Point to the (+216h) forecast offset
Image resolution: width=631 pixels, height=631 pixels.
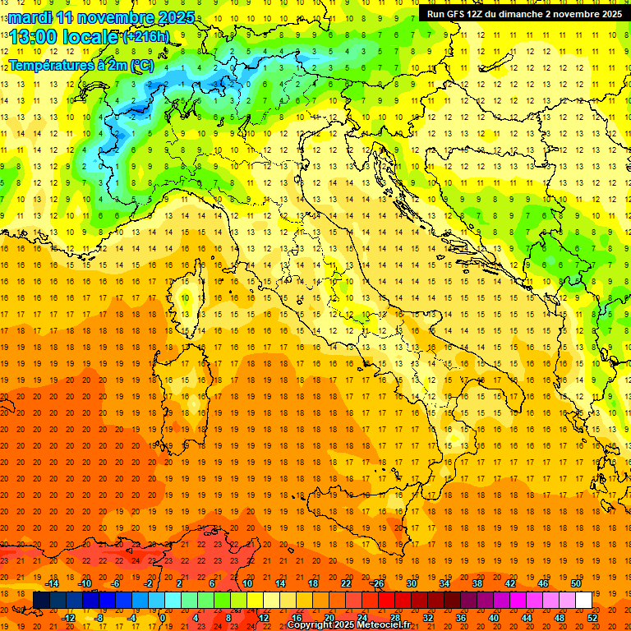145,36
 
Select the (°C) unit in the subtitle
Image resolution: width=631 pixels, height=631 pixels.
141,65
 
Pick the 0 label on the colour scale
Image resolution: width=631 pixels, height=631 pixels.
163,617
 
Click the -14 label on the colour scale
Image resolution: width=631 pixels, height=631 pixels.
53,583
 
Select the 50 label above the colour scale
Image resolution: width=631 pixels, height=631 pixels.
576,583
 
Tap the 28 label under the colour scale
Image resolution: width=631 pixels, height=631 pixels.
394,617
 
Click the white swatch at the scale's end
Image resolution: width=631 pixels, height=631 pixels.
583,600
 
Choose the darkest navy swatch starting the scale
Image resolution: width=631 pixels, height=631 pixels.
41,600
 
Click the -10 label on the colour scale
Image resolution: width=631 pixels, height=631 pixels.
85,583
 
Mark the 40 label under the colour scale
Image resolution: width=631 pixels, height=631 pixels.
494,617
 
